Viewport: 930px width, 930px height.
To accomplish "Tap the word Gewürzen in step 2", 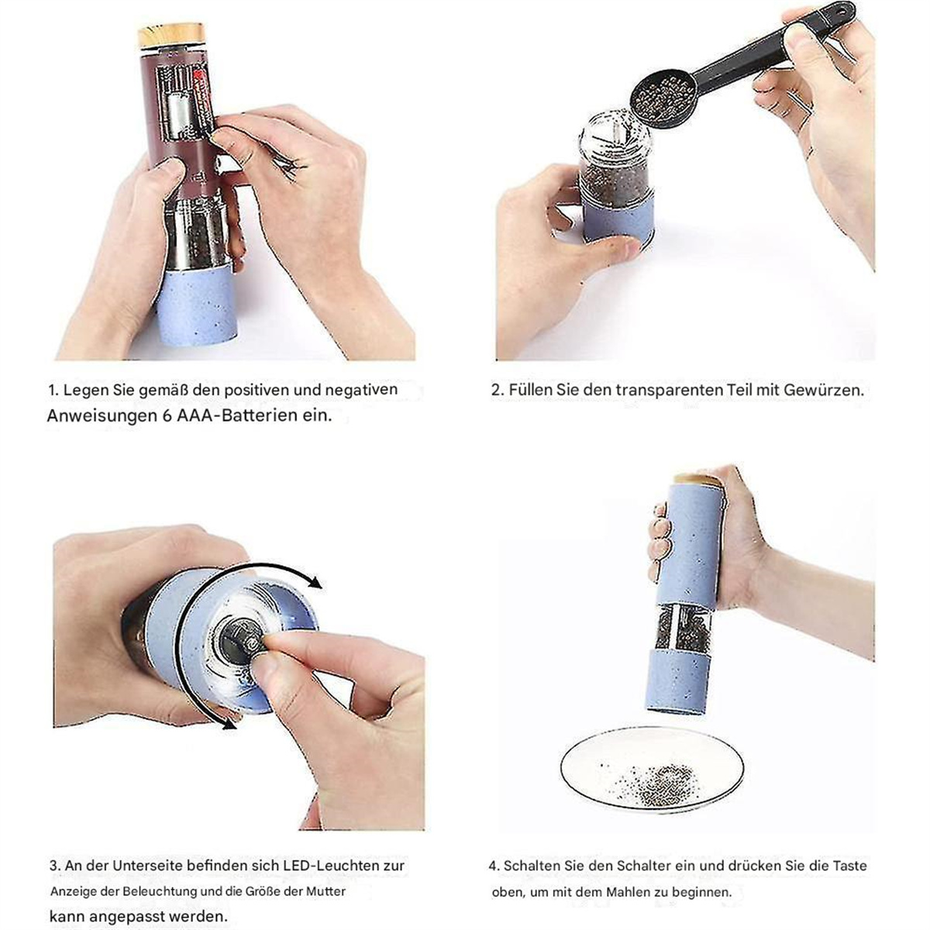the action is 823,390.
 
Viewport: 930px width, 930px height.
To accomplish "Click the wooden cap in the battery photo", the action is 172,35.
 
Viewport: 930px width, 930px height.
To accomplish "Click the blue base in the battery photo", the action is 198,307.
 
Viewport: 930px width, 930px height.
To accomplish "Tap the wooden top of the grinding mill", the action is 697,480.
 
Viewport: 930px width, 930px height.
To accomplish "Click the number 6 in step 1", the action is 167,415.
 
